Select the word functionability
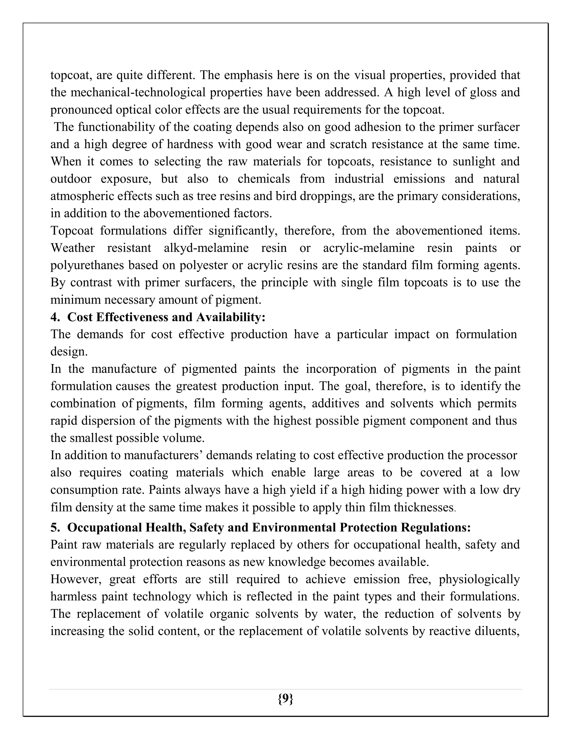[124, 127]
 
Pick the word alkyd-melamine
[206, 248]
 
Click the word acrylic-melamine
[369, 248]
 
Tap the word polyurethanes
[87, 265]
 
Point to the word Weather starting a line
[73, 248]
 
